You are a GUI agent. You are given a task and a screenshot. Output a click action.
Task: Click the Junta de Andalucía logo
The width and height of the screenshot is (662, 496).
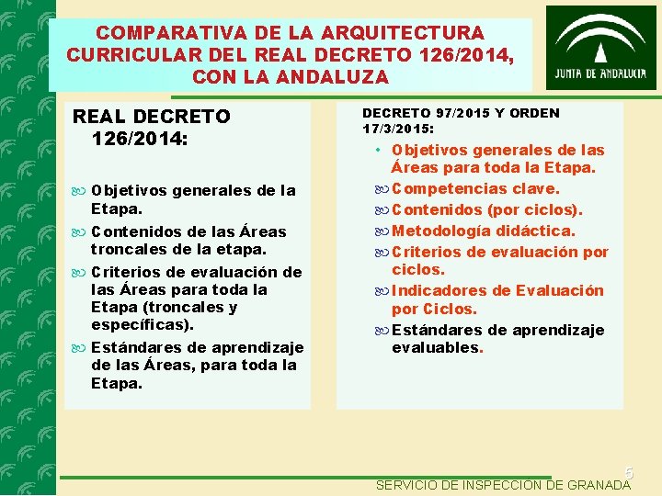click(600, 48)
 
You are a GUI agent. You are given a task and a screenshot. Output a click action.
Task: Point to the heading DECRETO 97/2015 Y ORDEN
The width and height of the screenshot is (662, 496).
click(461, 113)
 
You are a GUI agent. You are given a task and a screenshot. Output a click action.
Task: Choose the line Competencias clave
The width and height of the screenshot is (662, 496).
click(475, 188)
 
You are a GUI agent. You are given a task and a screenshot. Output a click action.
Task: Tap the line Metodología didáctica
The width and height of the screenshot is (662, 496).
click(484, 231)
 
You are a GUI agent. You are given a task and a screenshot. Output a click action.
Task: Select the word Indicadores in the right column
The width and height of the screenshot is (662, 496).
click(439, 290)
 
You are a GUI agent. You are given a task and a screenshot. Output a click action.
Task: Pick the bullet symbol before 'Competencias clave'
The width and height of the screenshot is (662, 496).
click(381, 189)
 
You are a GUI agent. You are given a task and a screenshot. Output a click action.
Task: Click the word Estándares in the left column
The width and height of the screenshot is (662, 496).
click(148, 347)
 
